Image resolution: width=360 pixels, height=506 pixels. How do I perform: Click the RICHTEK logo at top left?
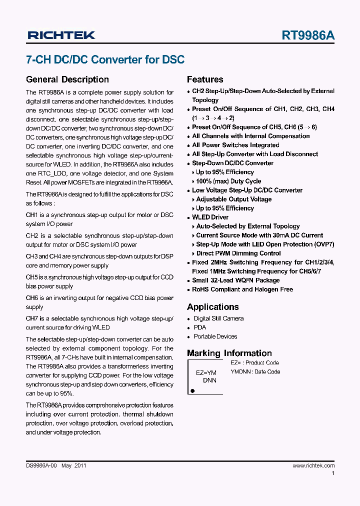pyautogui.click(x=61, y=35)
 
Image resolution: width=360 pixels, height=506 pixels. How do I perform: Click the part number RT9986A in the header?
pyautogui.click(x=308, y=35)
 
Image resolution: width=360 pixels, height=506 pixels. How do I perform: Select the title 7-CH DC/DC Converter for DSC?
pyautogui.click(x=105, y=59)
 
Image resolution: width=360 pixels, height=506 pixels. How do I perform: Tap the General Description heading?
pyautogui.click(x=67, y=79)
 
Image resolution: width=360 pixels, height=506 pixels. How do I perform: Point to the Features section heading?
pyautogui.click(x=205, y=79)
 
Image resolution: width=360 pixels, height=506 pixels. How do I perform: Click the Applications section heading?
pyautogui.click(x=212, y=307)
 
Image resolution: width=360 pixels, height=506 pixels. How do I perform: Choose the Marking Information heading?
pyautogui.click(x=229, y=353)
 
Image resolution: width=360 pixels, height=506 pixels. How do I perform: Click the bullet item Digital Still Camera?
pyautogui.click(x=218, y=318)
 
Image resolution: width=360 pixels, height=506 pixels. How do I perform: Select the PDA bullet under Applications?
pyautogui.click(x=199, y=327)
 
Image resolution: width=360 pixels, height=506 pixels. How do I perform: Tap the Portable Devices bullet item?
pyautogui.click(x=215, y=336)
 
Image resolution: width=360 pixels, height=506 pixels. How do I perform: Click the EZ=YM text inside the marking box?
pyautogui.click(x=206, y=372)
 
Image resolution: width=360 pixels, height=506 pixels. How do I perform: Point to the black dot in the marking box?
pyautogui.click(x=192, y=390)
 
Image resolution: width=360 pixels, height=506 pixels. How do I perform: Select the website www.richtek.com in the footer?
pyautogui.click(x=313, y=465)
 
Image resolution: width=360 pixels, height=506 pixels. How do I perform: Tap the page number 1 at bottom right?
pyautogui.click(x=333, y=473)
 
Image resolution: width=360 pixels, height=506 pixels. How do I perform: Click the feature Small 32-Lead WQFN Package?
pyautogui.click(x=235, y=280)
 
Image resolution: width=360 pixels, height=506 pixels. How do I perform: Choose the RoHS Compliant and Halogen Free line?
pyautogui.click(x=242, y=289)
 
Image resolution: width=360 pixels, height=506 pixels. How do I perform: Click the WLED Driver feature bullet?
pyautogui.click(x=210, y=217)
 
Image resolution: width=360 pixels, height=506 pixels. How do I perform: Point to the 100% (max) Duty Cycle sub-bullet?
pyautogui.click(x=228, y=181)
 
